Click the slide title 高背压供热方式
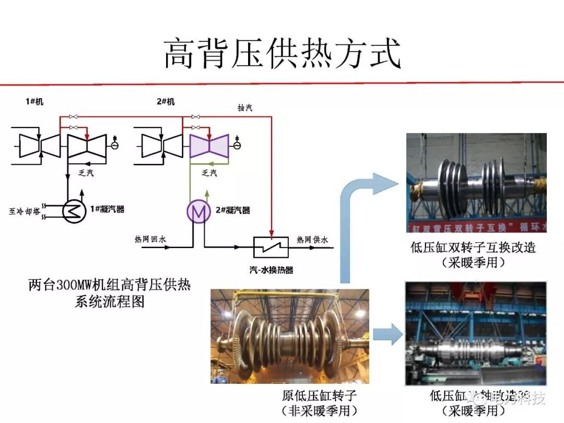click(x=283, y=53)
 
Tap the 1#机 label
click(x=34, y=101)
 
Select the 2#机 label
click(x=166, y=101)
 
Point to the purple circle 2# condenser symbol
click(x=197, y=211)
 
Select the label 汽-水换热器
click(x=271, y=270)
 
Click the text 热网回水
click(x=150, y=239)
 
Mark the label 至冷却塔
click(x=25, y=211)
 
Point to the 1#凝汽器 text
click(x=107, y=209)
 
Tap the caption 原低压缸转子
click(x=319, y=395)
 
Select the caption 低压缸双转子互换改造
click(x=473, y=247)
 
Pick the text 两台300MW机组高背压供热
click(x=110, y=286)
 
